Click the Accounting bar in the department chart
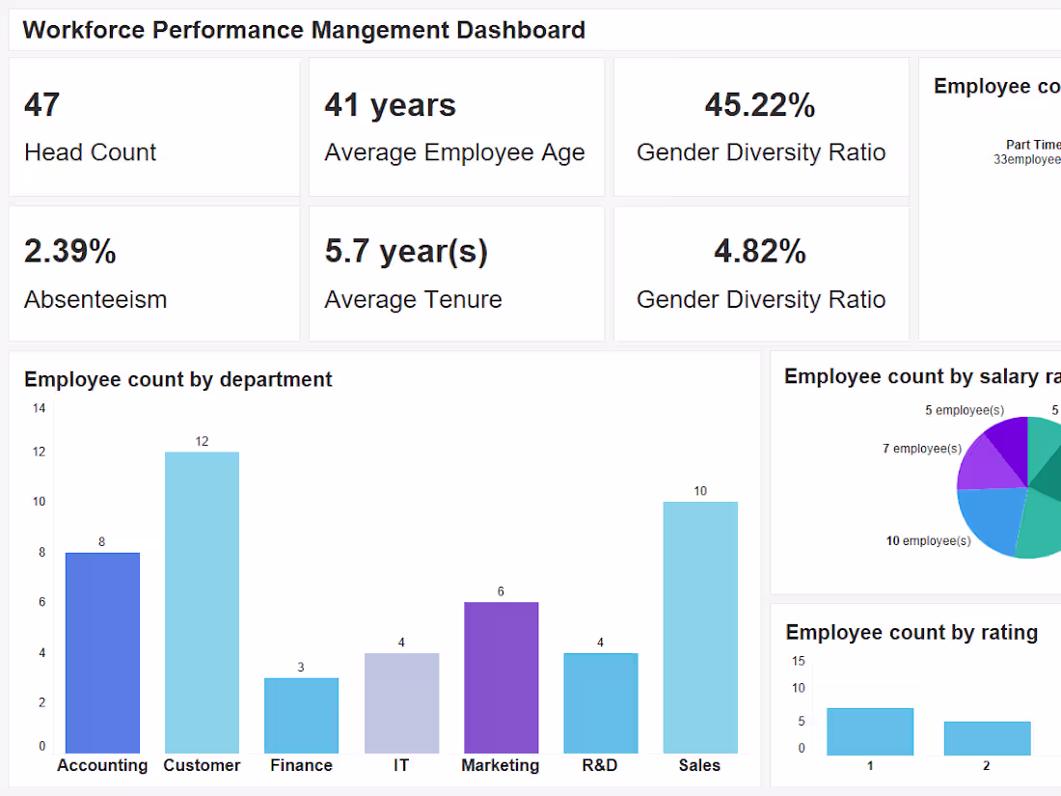[x=102, y=652]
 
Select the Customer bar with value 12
[x=202, y=602]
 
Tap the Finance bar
[x=301, y=715]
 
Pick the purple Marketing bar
[x=501, y=677]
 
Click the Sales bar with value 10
[x=700, y=627]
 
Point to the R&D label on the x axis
[x=600, y=765]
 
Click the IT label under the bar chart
[x=401, y=765]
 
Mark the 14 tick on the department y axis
[x=39, y=408]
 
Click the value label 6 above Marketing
[x=501, y=591]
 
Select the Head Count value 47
[x=42, y=105]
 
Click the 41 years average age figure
[x=390, y=105]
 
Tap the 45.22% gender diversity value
[x=760, y=105]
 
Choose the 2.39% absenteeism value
[x=70, y=252]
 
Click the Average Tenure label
[x=413, y=300]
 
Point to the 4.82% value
[x=760, y=252]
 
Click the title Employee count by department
[x=177, y=380]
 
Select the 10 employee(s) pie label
[x=928, y=541]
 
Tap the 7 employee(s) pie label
[x=921, y=449]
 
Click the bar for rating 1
[x=870, y=731]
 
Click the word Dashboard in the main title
[x=521, y=30]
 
